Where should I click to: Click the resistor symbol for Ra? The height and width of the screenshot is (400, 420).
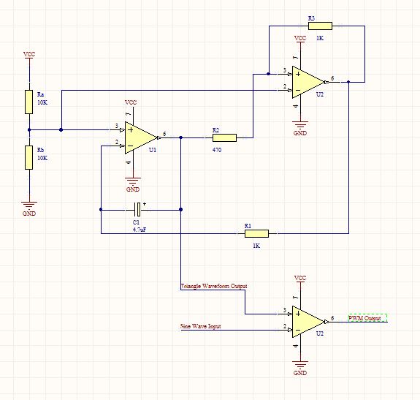click(x=29, y=102)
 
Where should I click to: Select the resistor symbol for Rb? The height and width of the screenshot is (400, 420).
click(x=29, y=158)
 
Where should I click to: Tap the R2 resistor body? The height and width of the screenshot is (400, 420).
click(x=224, y=137)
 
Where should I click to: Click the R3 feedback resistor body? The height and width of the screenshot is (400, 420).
click(x=320, y=26)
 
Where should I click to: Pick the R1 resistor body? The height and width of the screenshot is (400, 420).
click(x=256, y=233)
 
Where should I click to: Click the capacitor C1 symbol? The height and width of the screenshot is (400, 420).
click(x=137, y=210)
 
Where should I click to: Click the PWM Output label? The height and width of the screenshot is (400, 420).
click(x=364, y=318)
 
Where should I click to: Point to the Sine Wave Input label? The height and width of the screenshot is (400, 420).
click(x=201, y=326)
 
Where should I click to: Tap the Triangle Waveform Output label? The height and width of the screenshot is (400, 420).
click(x=214, y=286)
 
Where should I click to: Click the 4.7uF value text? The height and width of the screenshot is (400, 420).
click(x=140, y=230)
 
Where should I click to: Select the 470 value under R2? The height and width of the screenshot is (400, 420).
click(x=217, y=150)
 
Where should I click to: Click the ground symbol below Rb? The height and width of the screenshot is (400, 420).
click(x=29, y=205)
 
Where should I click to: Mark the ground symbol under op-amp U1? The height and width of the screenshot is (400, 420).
click(x=133, y=181)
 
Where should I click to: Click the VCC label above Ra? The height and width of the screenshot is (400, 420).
click(x=29, y=54)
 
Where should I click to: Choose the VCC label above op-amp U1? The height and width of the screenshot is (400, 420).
click(x=131, y=102)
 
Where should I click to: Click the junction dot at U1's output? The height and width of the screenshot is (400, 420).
click(x=181, y=137)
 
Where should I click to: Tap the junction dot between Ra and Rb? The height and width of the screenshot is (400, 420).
click(x=29, y=129)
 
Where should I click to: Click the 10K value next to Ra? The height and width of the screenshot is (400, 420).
click(x=42, y=102)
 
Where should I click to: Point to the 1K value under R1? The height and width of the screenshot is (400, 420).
click(x=256, y=246)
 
